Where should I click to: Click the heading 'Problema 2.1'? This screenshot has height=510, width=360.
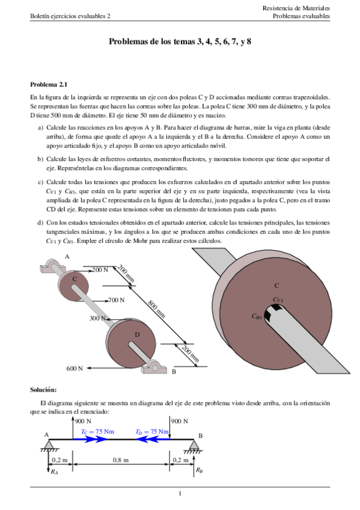pyautogui.click(x=49, y=85)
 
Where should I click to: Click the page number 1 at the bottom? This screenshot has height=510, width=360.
pyautogui.click(x=180, y=494)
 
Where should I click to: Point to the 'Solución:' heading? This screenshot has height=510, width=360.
pyautogui.click(x=43, y=390)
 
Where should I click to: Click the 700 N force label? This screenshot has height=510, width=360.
pyautogui.click(x=115, y=300)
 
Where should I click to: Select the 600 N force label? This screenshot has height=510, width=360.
pyautogui.click(x=75, y=368)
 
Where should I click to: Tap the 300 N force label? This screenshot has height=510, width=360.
pyautogui.click(x=98, y=318)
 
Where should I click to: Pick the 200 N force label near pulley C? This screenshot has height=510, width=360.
pyautogui.click(x=99, y=270)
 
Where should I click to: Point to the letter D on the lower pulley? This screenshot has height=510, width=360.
pyautogui.click(x=137, y=334)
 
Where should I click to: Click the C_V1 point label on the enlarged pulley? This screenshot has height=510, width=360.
pyautogui.click(x=278, y=300)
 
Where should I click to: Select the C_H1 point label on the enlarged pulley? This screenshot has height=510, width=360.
pyautogui.click(x=257, y=315)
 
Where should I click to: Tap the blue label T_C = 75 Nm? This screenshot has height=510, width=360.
pyautogui.click(x=97, y=431)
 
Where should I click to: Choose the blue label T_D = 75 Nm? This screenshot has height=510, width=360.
pyautogui.click(x=151, y=431)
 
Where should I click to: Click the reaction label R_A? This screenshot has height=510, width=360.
pyautogui.click(x=54, y=473)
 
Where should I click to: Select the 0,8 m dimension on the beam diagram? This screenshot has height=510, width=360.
pyautogui.click(x=121, y=460)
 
